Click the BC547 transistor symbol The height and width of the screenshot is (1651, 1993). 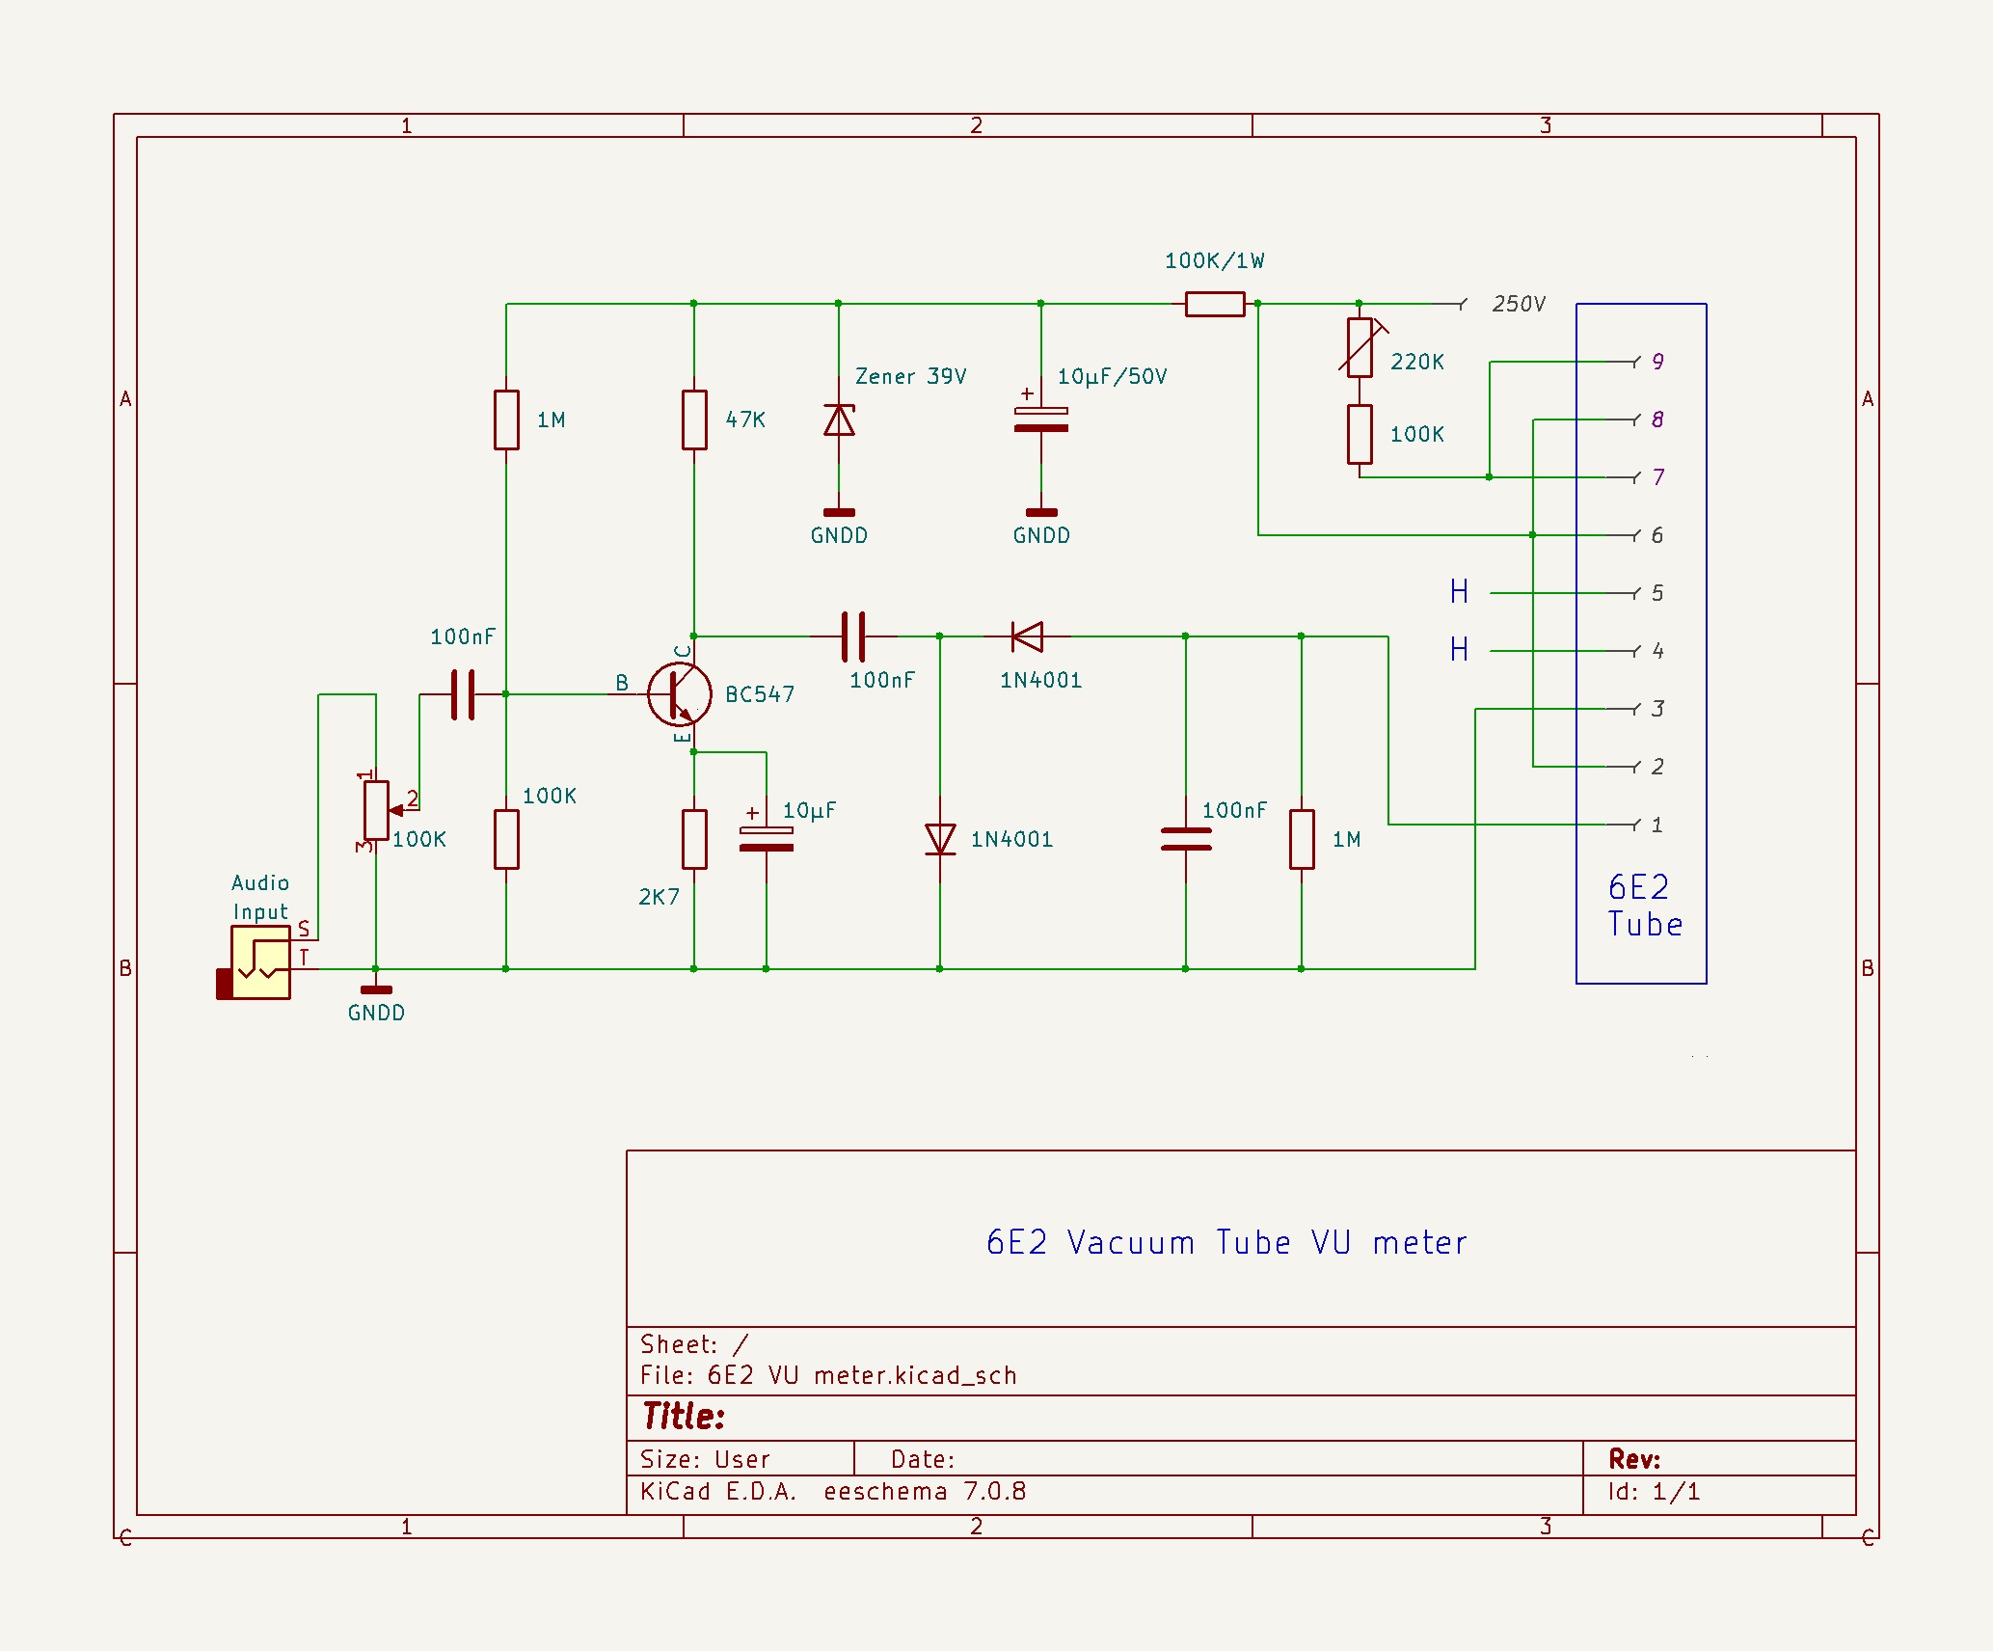point(679,694)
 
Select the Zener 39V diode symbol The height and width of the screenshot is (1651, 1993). point(839,420)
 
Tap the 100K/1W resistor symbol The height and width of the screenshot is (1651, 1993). point(1215,305)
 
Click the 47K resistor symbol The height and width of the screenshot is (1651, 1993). point(694,420)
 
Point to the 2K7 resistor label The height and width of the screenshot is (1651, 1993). point(659,898)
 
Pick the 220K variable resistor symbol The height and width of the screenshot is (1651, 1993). point(1360,347)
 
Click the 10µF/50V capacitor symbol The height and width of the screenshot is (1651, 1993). point(1041,420)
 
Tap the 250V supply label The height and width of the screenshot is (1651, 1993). point(1518,305)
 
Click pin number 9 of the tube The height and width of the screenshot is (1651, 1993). point(1657,362)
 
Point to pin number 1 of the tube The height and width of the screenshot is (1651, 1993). point(1656,825)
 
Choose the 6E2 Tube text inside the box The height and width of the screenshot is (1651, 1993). point(1643,907)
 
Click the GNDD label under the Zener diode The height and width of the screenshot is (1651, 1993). point(839,536)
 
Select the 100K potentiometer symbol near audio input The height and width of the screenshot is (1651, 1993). point(376,810)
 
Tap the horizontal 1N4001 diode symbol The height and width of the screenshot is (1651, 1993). point(1028,636)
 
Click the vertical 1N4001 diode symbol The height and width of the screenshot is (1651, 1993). point(940,839)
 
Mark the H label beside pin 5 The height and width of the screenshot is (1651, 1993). point(1459,592)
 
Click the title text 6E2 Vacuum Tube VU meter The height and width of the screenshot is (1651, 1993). point(1226,1243)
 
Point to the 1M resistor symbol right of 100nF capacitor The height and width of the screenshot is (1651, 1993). point(1302,839)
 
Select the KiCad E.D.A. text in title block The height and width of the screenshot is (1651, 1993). point(718,1492)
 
